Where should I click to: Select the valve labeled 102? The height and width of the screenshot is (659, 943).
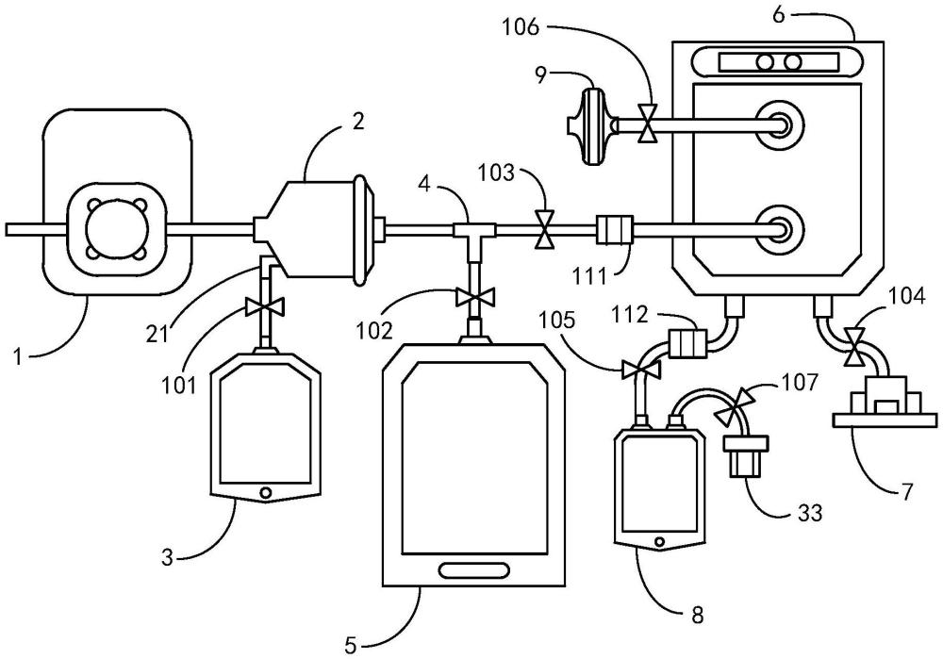(x=468, y=298)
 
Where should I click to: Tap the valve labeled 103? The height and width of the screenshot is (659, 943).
(x=544, y=229)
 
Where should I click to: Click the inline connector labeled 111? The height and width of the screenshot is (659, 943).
(x=613, y=229)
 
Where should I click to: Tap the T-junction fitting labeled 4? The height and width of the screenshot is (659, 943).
(x=468, y=229)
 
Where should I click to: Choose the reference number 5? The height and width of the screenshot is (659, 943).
(x=350, y=645)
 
